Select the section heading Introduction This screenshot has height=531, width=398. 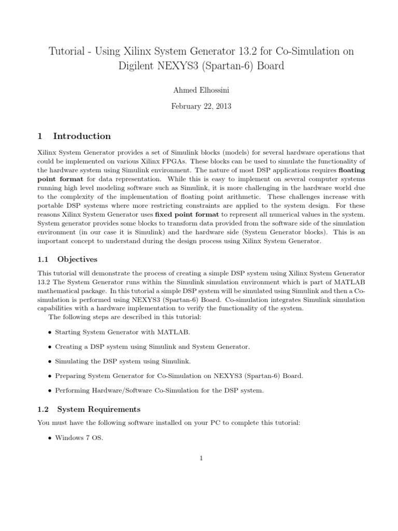click(82, 136)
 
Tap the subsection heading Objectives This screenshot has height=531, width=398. click(77, 259)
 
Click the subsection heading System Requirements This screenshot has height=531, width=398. click(98, 409)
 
